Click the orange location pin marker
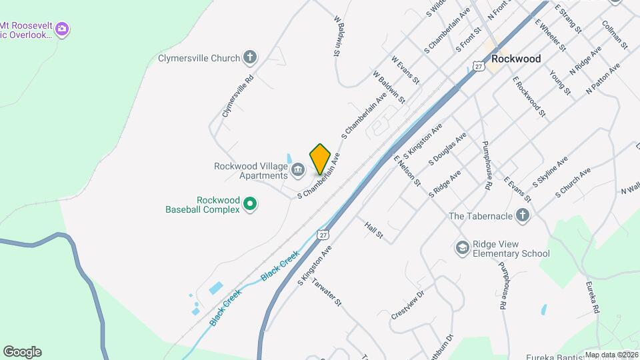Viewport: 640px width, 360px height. click(x=321, y=159)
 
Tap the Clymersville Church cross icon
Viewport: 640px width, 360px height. click(x=250, y=57)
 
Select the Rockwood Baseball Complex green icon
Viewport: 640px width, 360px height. click(x=250, y=203)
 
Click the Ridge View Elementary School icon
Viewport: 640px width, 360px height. click(x=461, y=248)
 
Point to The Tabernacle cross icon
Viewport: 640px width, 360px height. click(x=523, y=215)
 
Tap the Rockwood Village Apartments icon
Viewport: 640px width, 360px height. click(x=298, y=171)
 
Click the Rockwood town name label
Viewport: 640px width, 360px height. click(x=515, y=59)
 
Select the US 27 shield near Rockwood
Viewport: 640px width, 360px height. click(x=478, y=65)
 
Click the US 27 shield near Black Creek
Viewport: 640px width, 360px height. click(x=323, y=235)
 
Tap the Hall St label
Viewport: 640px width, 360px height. click(x=373, y=231)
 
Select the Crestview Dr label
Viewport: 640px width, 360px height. click(x=407, y=304)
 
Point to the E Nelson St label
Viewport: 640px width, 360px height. click(x=407, y=171)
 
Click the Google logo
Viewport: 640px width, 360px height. click(x=22, y=351)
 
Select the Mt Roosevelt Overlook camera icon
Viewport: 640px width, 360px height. click(x=62, y=29)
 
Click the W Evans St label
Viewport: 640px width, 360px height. click(x=405, y=69)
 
